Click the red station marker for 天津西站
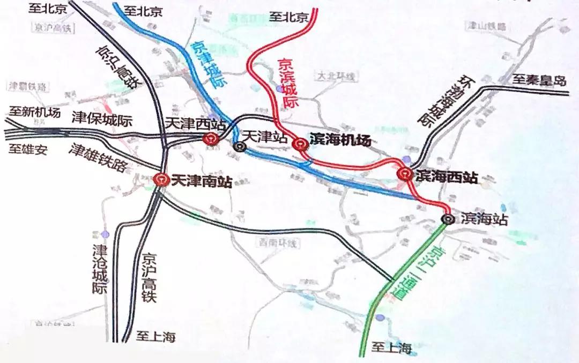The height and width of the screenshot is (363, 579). click(210, 139)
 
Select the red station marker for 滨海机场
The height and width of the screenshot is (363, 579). click(300, 143)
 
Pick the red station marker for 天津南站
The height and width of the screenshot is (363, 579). click(160, 180)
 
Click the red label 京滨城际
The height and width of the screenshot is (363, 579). click(287, 84)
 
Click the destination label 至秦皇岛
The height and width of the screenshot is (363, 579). click(538, 81)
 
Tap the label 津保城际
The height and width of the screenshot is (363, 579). click(101, 119)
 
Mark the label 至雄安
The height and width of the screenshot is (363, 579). click(28, 149)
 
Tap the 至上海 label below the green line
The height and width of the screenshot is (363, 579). click(391, 349)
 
